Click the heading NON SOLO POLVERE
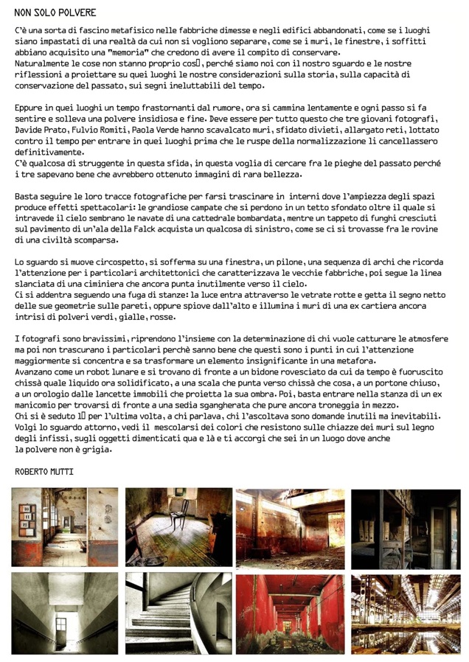point(55,13)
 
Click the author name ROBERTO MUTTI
point(44,471)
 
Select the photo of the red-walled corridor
point(290,613)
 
